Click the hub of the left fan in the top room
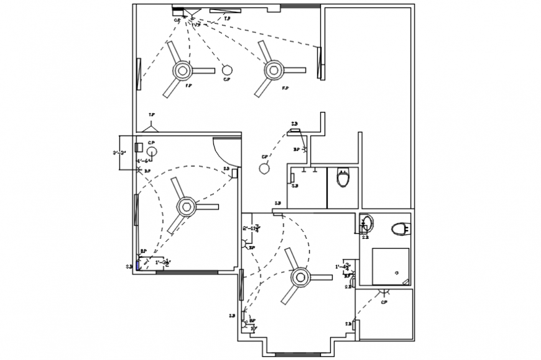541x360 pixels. pos(182,70)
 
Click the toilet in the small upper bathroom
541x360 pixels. pos(343,178)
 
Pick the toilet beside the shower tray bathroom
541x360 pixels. pos(401,229)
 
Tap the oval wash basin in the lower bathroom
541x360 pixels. pos(367,221)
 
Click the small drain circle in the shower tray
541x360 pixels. pos(396,272)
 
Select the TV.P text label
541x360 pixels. pos(196,25)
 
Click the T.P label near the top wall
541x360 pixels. pos(227,19)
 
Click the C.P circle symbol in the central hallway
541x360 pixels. pos(264,167)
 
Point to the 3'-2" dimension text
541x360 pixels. pos(119,152)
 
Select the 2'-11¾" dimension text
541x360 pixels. pos(251,229)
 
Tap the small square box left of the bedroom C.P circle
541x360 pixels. pos(140,147)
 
